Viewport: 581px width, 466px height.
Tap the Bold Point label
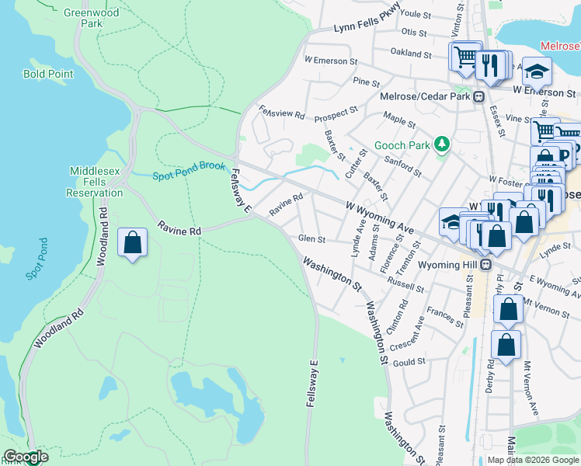coord(48,75)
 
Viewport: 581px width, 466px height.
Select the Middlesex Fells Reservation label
coord(96,182)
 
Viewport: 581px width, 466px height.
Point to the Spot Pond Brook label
coord(189,170)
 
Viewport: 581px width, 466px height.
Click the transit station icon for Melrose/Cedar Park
coord(479,96)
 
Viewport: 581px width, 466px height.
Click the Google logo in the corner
coord(25,457)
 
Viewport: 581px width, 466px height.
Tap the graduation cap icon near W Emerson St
coord(537,72)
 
